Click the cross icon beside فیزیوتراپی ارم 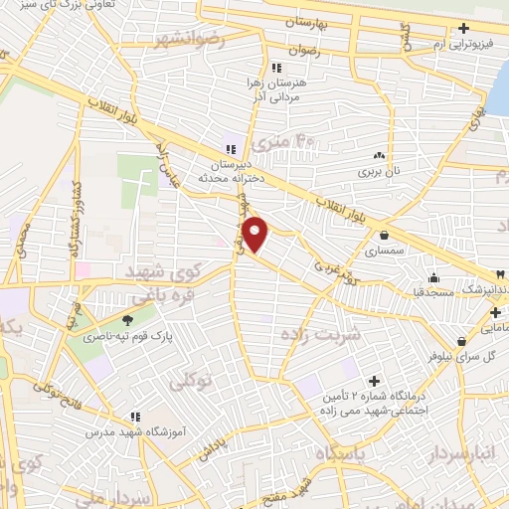pos(464,28)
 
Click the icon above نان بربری pos(377,155)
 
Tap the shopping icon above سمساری pos(384,235)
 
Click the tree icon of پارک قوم pos(127,319)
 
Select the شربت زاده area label pos(317,334)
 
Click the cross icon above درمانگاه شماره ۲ pos(374,381)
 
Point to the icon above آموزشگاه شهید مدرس pos(135,418)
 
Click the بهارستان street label pos(312,22)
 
